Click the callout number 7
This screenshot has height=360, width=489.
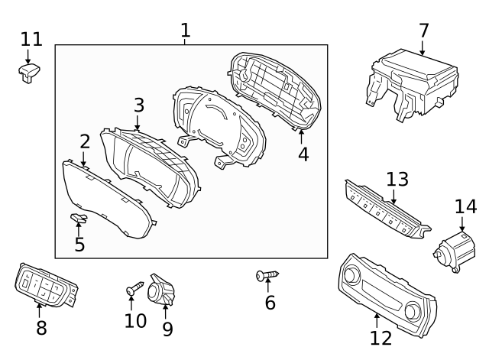coord(423,31)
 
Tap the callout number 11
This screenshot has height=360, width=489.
coord(31,38)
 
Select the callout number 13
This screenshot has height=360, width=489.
coord(397,180)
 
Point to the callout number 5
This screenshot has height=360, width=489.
coord(79,245)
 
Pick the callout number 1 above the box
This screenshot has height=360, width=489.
coord(186,30)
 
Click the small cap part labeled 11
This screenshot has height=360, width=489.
coord(30,71)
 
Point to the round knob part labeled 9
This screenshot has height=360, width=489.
coord(162,290)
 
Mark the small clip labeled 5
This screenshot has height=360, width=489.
coord(79,220)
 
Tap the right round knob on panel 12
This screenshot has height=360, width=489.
coord(414,310)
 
